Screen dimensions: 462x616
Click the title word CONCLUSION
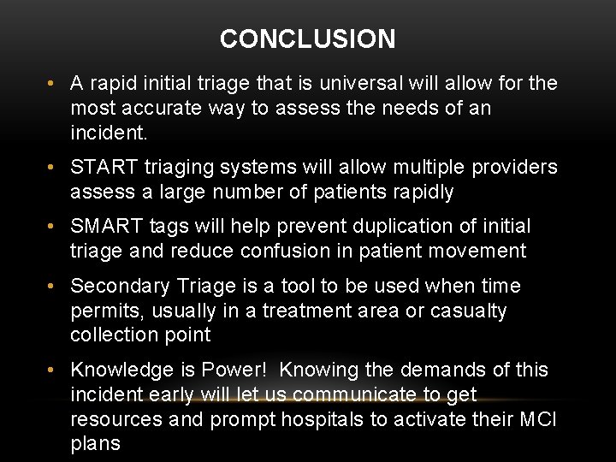click(307, 39)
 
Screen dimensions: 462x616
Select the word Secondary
click(119, 286)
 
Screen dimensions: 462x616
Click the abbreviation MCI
click(538, 420)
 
